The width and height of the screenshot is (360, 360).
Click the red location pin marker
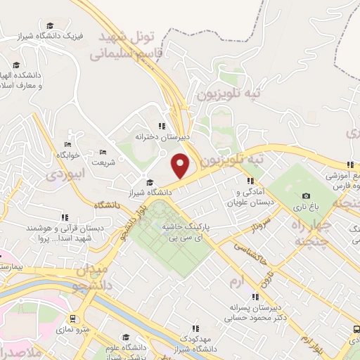tap(181, 166)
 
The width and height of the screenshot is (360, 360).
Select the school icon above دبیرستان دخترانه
tap(160, 127)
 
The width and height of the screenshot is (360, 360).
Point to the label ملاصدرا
tap(20, 352)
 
